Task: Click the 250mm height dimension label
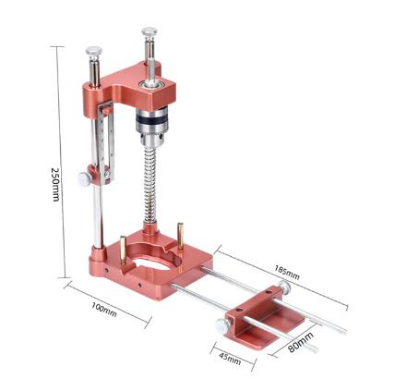tap(55, 185)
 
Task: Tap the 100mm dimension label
tap(104, 310)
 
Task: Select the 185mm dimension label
tap(287, 273)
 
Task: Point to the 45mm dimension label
tap(230, 359)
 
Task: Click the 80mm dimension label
tap(301, 342)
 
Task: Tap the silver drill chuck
tap(151, 126)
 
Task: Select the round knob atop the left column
tap(94, 51)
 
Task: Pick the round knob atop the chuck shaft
tap(150, 32)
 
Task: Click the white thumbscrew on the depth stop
tap(83, 179)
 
